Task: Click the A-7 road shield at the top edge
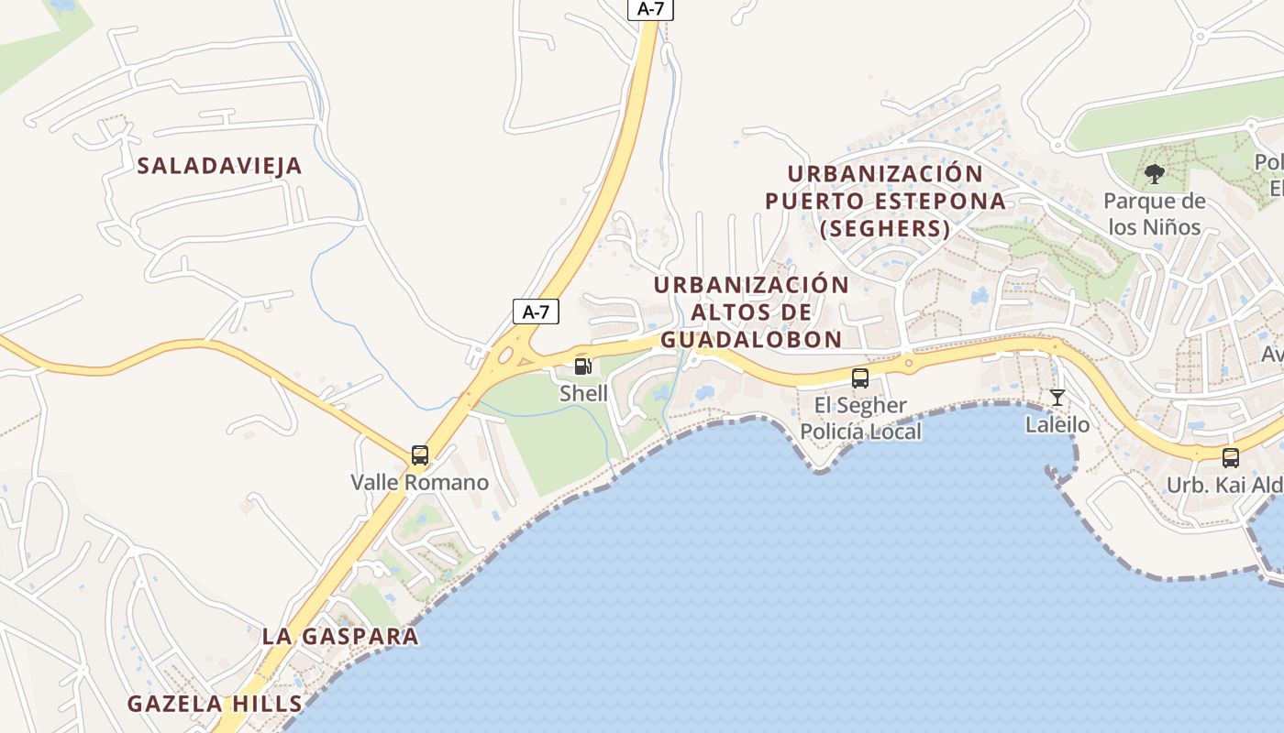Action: click(650, 8)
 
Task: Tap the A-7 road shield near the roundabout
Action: click(536, 312)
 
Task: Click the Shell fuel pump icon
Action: click(583, 367)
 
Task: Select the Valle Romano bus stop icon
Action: click(420, 455)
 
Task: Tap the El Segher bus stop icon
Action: click(860, 377)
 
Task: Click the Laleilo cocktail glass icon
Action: click(1057, 398)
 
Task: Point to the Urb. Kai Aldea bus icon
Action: click(1231, 457)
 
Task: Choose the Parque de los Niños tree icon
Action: click(1155, 172)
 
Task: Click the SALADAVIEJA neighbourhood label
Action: click(219, 166)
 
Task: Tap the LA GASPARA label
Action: click(340, 636)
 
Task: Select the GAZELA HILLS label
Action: click(215, 704)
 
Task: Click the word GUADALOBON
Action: click(751, 340)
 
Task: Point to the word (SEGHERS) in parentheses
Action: click(884, 229)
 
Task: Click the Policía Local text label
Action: click(860, 432)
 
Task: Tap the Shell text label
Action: click(584, 393)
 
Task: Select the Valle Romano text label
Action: click(420, 482)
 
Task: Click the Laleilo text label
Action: click(1057, 424)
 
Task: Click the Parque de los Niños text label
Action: click(1154, 213)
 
